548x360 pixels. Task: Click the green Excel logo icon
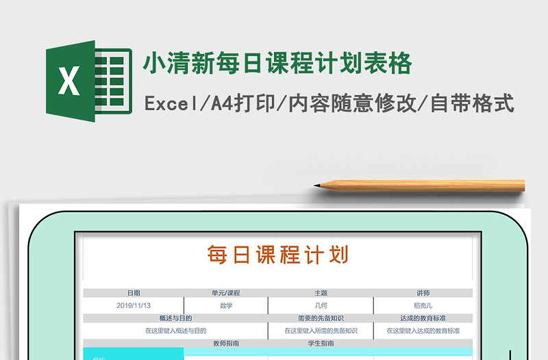[x=88, y=81]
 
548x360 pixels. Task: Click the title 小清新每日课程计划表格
[x=277, y=64]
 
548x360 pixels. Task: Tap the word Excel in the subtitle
[x=170, y=104]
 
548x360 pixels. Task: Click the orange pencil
[x=425, y=185]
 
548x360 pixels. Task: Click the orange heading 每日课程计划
[x=278, y=255]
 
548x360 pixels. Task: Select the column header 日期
[x=134, y=293]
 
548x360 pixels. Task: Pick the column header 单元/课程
[x=226, y=293]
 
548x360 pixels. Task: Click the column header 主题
[x=321, y=293]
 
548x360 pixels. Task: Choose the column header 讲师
[x=423, y=293]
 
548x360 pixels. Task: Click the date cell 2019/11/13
[x=134, y=305]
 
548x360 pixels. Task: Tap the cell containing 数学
[x=226, y=305]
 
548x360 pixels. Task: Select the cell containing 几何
[x=321, y=305]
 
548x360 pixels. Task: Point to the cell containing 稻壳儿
[x=423, y=305]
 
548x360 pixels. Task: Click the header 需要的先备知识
[x=321, y=318]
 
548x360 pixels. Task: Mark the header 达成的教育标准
[x=423, y=318]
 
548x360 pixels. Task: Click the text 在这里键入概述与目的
[x=175, y=331]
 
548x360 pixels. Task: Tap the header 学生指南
[x=321, y=343]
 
